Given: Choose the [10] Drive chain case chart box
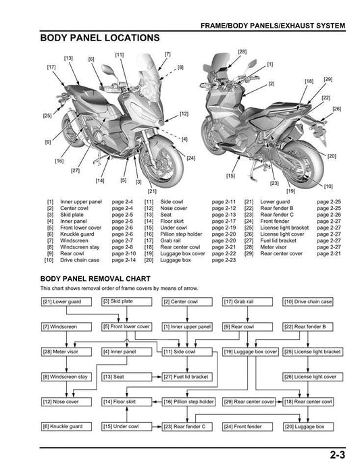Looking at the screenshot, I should point(307,301).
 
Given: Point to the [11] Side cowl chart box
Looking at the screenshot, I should point(180,352).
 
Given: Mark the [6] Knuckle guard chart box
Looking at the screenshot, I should point(64,427).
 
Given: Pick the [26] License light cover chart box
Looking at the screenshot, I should point(309,377).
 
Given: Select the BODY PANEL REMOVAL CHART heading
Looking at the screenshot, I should point(95,278).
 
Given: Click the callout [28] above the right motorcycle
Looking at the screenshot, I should point(242,52).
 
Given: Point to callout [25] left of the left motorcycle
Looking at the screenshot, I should point(46,116).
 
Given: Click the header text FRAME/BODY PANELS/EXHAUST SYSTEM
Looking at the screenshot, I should point(273,26).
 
